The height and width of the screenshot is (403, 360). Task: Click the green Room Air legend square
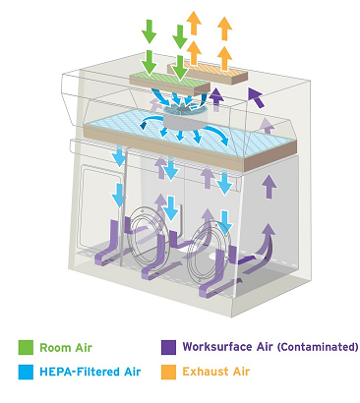pyautogui.click(x=26, y=348)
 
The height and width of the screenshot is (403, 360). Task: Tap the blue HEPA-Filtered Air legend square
pyautogui.click(x=26, y=372)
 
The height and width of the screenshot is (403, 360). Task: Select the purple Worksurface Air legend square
pyautogui.click(x=168, y=347)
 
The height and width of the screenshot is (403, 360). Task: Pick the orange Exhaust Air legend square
pyautogui.click(x=168, y=372)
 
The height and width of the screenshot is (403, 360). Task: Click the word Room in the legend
pyautogui.click(x=53, y=348)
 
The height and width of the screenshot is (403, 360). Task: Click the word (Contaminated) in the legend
pyautogui.click(x=318, y=347)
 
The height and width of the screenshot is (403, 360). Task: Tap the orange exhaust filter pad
pyautogui.click(x=208, y=73)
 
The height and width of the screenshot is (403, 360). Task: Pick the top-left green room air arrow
pyautogui.click(x=150, y=31)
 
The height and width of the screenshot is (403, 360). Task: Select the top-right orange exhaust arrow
pyautogui.click(x=224, y=29)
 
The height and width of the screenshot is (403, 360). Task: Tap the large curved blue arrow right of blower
pyautogui.click(x=217, y=135)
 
